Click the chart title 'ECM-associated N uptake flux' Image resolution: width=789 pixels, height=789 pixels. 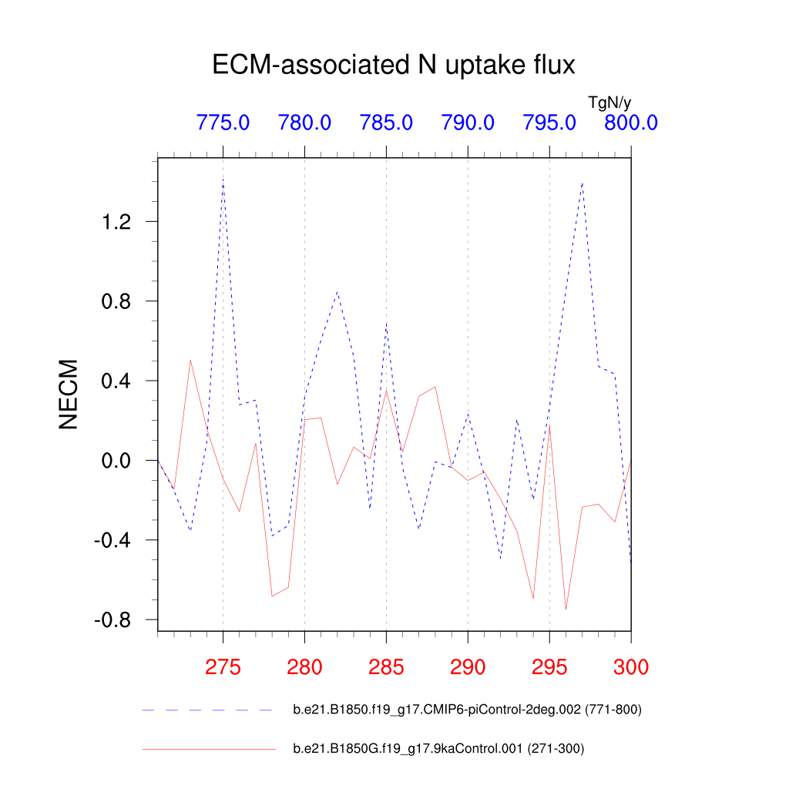[x=394, y=65]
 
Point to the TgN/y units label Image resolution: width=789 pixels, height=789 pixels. [x=609, y=102]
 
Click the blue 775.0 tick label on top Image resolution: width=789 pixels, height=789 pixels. [x=223, y=123]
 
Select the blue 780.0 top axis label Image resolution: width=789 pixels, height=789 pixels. [x=304, y=123]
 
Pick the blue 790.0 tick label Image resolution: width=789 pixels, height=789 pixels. [x=468, y=123]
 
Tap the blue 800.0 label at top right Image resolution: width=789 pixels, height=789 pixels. [x=630, y=123]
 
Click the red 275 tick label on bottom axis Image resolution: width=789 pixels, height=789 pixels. [x=223, y=666]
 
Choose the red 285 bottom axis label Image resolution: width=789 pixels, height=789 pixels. [x=386, y=666]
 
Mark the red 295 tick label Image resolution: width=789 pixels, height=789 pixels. [x=549, y=666]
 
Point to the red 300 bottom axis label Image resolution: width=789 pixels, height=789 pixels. [x=630, y=666]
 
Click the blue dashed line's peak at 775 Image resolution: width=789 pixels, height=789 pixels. [x=223, y=179]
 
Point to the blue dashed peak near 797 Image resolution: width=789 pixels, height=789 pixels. [x=583, y=183]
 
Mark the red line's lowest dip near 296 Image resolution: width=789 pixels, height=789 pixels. [x=566, y=609]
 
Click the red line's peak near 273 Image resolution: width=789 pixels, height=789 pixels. [x=190, y=360]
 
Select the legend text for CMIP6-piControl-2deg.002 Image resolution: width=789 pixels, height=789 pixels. [x=467, y=710]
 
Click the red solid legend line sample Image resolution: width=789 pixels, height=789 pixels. [x=208, y=748]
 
